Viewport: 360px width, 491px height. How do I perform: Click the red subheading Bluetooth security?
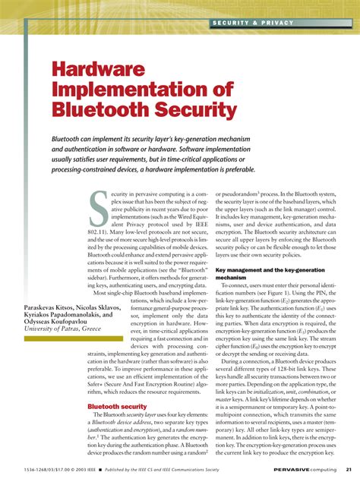point(117,407)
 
